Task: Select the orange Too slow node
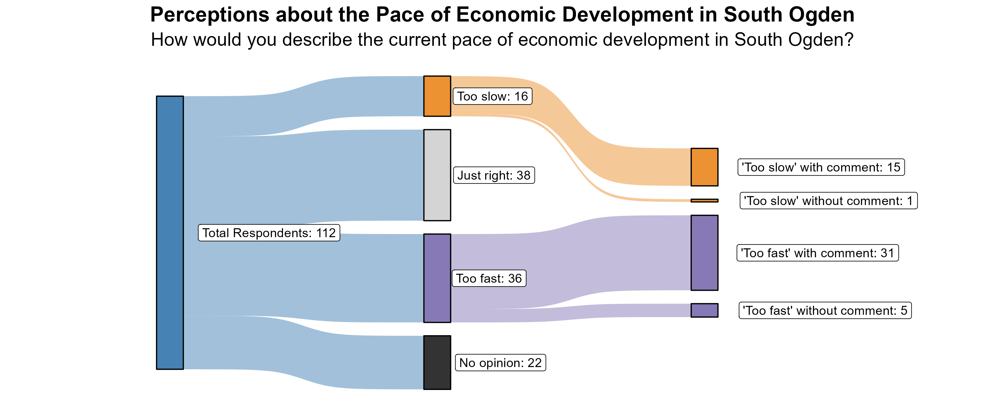[437, 96]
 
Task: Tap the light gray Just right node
[437, 175]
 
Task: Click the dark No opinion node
[437, 362]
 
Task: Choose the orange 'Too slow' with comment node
[704, 167]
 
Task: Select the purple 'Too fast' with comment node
[704, 253]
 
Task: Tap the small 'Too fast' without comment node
[704, 310]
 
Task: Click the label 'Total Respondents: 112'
[269, 233]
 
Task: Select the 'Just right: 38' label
[494, 175]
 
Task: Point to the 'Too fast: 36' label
[489, 278]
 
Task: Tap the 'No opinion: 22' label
[500, 363]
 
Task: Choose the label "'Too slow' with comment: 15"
[821, 167]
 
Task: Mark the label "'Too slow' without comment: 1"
[828, 201]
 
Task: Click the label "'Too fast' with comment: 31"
[817, 253]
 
